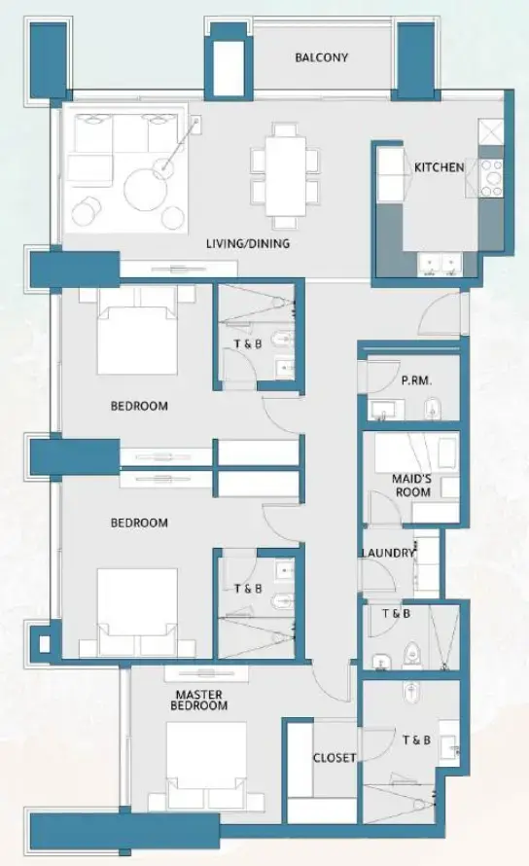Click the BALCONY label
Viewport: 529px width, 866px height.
(321, 57)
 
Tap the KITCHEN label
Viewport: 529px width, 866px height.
(439, 167)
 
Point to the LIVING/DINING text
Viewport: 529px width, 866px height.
(249, 244)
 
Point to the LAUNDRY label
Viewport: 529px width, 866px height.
(387, 553)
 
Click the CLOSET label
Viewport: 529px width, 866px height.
(334, 757)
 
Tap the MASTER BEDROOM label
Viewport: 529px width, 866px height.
(200, 700)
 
